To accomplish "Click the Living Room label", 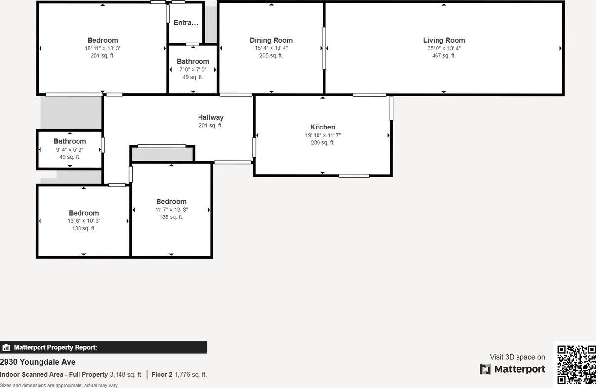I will coord(443,40).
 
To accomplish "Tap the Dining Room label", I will coord(271,40).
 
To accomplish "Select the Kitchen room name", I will coord(322,127).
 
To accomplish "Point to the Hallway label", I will coord(210,117).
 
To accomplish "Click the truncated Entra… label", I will coord(186,23).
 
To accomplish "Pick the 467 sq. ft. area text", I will coord(443,56).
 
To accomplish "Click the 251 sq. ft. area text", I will coord(102,56).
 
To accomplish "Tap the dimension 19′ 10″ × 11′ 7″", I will coord(322,135).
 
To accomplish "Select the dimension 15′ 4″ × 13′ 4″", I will coord(271,48).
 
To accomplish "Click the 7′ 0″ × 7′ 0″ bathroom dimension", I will coord(193,70).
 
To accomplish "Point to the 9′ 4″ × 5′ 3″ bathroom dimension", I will coord(70,150).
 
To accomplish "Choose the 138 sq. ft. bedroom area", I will coord(83,229).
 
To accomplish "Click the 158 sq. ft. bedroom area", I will coord(171,217).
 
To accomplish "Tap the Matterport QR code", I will coord(576,365).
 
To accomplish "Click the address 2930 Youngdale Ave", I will coord(38,362).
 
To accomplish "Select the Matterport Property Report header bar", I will coord(104,347).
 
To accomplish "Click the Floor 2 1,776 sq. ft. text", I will coord(179,375).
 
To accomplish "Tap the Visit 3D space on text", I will coord(517,357).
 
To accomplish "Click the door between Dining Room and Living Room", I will coord(324,48).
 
